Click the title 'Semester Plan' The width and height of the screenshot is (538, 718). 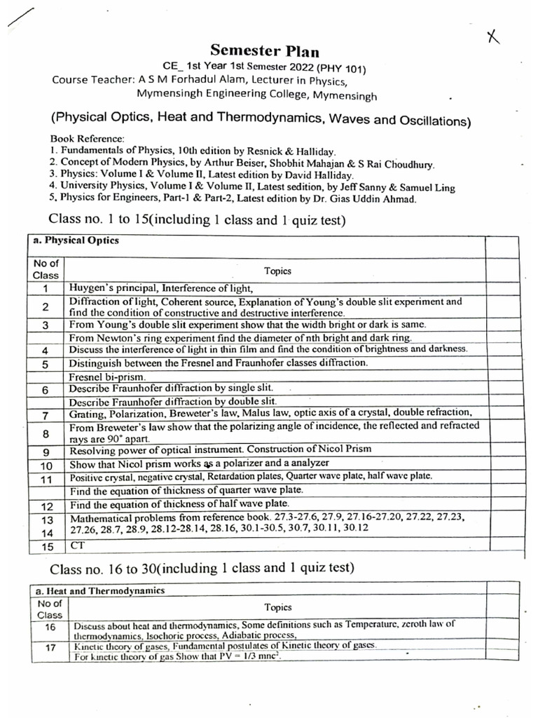pos(265,50)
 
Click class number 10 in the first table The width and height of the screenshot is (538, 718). pos(46,465)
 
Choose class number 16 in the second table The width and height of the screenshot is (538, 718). pos(49,627)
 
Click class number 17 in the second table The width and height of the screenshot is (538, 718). pos(50,648)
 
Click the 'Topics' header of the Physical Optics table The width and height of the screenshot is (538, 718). pos(277,270)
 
